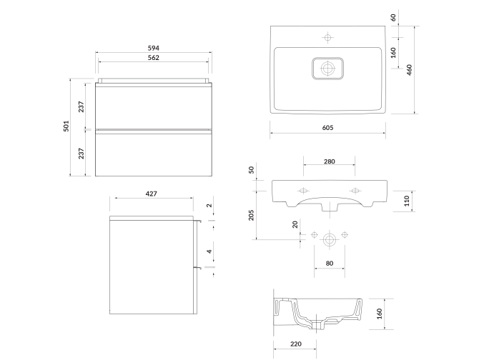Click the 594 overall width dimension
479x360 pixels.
coord(154,48)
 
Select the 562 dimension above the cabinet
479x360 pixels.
coord(154,58)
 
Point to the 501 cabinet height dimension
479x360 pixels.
coord(66,127)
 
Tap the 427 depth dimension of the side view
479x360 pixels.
coord(151,194)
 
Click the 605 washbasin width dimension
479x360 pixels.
coord(328,127)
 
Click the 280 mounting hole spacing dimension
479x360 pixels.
coord(329,161)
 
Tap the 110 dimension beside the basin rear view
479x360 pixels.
coord(407,201)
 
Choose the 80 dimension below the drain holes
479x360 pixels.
coord(329,264)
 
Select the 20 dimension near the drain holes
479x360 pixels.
coord(295,224)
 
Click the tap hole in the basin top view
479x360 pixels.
coord(328,36)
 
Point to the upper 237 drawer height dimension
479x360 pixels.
coord(82,106)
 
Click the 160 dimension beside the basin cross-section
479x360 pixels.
coord(380,312)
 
